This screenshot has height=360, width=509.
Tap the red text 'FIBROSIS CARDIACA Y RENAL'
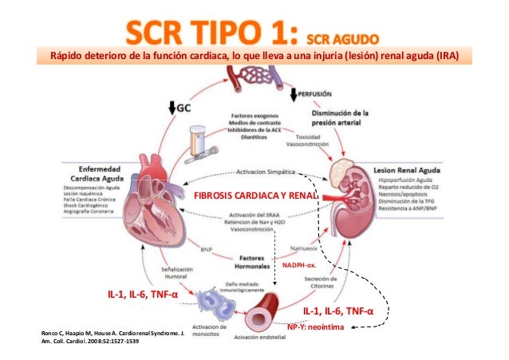[256, 195]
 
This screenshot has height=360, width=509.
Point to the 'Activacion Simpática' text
[266, 170]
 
